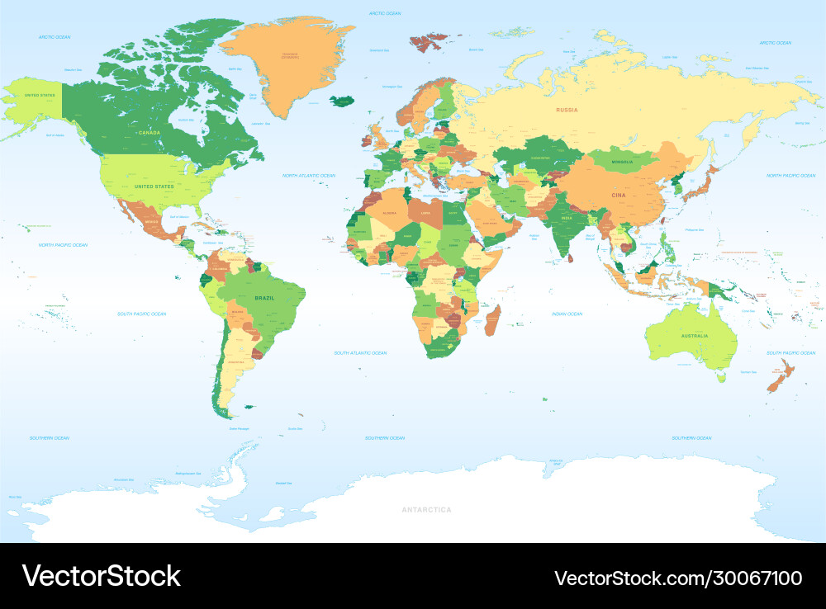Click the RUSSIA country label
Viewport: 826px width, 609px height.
point(567,110)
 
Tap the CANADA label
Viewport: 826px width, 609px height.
point(149,132)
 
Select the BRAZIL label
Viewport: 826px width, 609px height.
point(264,297)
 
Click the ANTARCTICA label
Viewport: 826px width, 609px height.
point(426,510)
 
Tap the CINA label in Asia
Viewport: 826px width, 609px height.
point(619,195)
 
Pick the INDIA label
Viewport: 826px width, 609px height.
point(567,219)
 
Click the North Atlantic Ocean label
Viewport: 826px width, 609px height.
point(309,176)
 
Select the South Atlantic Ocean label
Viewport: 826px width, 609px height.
point(360,352)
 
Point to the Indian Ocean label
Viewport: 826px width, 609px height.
point(567,314)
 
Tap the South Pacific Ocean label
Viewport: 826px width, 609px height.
point(141,314)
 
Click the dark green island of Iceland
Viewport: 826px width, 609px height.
point(342,101)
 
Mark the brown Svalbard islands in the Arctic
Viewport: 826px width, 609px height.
point(428,42)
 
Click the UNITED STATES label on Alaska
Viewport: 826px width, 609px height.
point(39,96)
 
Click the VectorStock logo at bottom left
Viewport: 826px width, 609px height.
point(101,576)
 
